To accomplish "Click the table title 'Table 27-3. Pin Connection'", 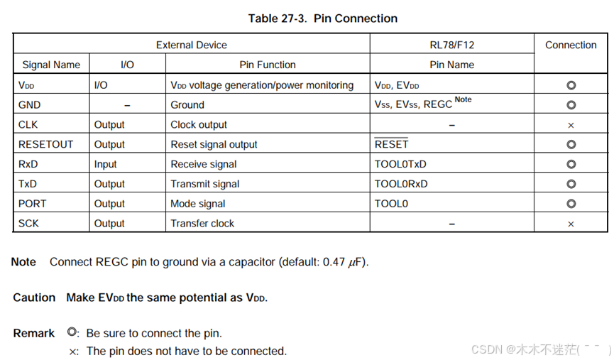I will [x=322, y=18].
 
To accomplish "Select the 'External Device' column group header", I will [x=192, y=45].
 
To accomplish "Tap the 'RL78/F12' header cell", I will [x=451, y=45].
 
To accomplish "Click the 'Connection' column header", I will [x=571, y=45].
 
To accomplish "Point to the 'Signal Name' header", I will [x=51, y=65].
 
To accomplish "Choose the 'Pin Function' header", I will [x=268, y=65].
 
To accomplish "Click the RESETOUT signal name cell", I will [x=45, y=144].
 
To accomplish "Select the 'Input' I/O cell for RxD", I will [x=106, y=164].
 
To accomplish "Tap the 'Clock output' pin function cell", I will [x=199, y=124].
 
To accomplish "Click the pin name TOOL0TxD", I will [x=400, y=164].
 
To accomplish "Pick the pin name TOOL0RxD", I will [x=401, y=184].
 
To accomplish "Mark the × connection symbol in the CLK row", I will [x=571, y=125].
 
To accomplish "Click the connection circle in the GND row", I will [x=571, y=105].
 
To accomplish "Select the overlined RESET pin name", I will [x=391, y=144].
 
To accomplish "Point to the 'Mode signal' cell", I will [x=198, y=204].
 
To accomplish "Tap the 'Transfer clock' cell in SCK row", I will [x=202, y=224].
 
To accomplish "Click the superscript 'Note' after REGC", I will [x=463, y=100].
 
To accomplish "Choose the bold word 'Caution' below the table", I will [x=34, y=298].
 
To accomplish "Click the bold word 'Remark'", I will [x=34, y=333].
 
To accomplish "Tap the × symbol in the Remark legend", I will [x=72, y=351].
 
